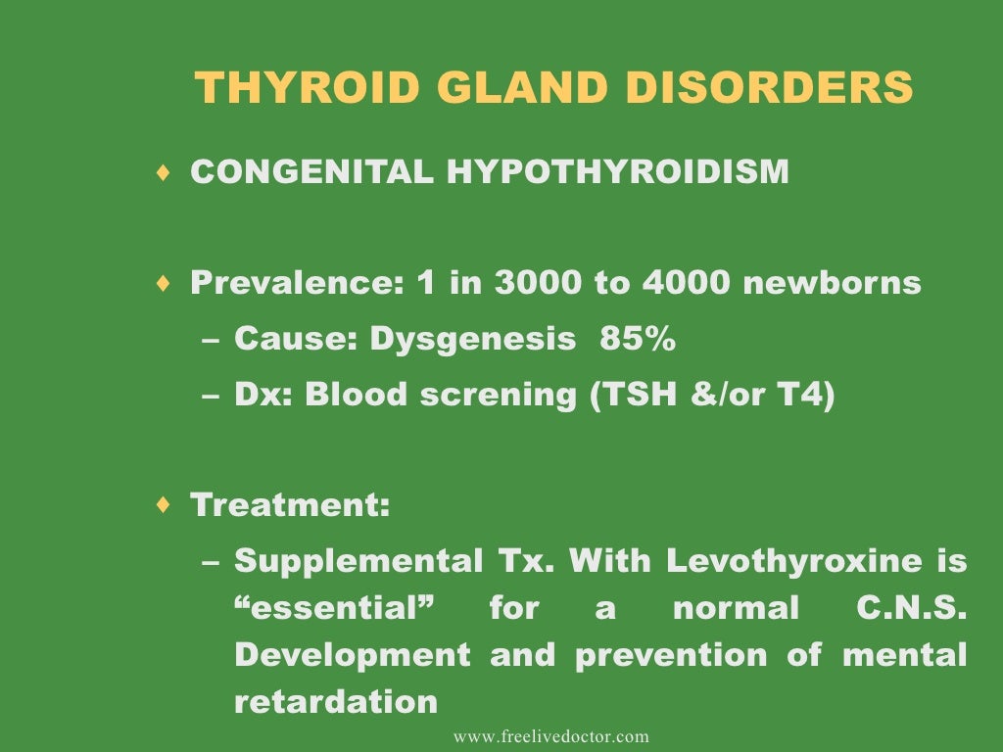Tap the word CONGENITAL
(x=311, y=172)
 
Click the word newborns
(x=832, y=284)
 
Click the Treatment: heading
(x=290, y=506)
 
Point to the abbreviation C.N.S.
(x=904, y=609)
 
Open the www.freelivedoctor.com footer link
(x=550, y=736)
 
